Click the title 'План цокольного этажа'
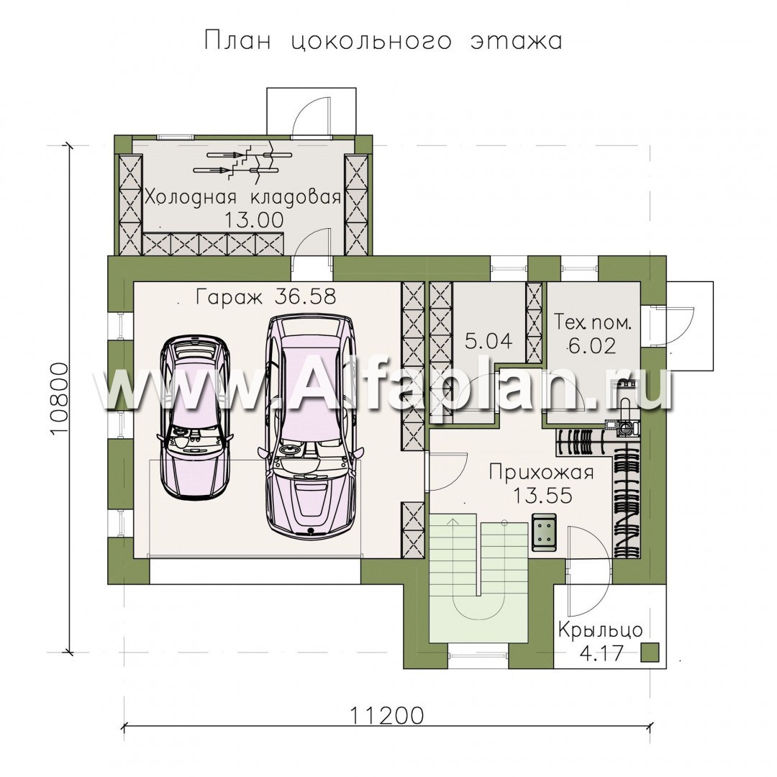tap(383, 41)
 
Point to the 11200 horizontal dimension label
tap(387, 716)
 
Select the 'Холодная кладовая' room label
tap(243, 197)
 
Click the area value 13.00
tap(253, 219)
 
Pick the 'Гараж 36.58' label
tap(266, 297)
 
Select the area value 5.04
tap(489, 341)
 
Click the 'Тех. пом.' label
tap(593, 323)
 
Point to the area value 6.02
tap(592, 345)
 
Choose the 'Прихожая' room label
tap(542, 472)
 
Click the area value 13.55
tap(542, 495)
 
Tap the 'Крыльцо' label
tap(601, 631)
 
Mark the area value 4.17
tap(601, 653)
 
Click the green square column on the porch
tap(650, 652)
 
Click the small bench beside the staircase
tap(544, 532)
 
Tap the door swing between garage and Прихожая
tap(447, 471)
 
